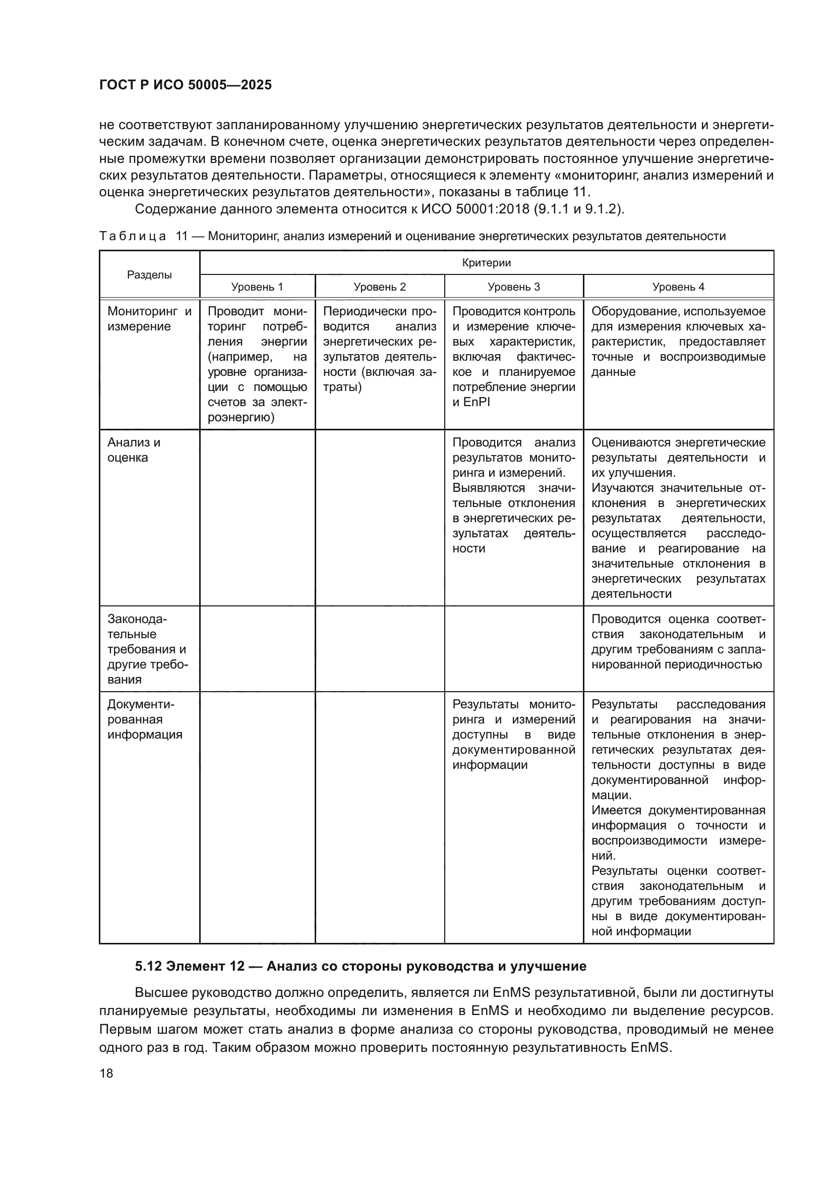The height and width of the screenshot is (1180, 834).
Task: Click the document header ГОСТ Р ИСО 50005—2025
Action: [186, 85]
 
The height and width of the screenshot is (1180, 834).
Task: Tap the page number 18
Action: [106, 1073]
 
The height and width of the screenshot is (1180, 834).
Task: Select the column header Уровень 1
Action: [257, 287]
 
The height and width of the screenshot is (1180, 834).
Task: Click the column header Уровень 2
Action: [380, 287]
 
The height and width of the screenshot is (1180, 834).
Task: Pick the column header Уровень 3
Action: [513, 287]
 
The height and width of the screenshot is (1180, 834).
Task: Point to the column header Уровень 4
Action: [678, 287]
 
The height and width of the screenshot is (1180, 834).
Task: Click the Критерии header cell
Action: [486, 263]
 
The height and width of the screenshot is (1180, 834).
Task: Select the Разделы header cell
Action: [149, 275]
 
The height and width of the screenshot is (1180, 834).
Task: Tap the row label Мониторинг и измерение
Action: [149, 319]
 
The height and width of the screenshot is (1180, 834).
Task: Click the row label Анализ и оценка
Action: [134, 449]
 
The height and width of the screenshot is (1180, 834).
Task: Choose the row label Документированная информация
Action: [144, 719]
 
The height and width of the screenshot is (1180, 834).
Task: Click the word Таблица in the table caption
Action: [133, 237]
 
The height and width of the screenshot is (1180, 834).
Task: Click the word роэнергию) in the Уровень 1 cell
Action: [241, 418]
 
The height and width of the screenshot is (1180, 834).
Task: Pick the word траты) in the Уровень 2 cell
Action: [342, 387]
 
